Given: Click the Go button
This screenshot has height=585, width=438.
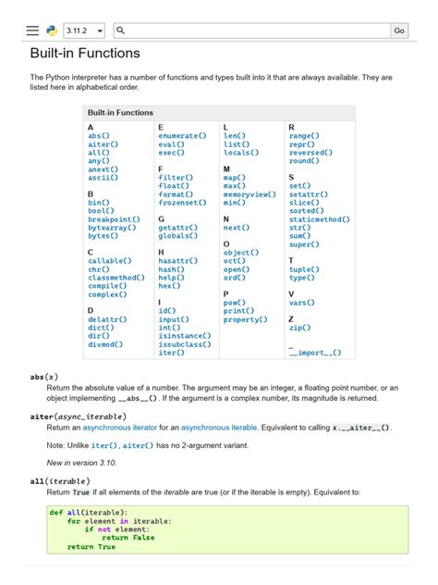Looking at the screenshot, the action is (x=399, y=31).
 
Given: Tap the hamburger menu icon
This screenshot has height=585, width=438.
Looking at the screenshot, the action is (x=33, y=31).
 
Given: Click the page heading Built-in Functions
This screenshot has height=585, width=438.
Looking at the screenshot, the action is (x=85, y=54).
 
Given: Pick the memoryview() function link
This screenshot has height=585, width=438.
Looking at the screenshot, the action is (x=249, y=194).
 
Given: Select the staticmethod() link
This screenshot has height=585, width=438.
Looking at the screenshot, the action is (x=319, y=219).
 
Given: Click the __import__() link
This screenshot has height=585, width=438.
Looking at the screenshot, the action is (x=314, y=353).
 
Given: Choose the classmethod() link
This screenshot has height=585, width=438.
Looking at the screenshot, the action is (x=116, y=277).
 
